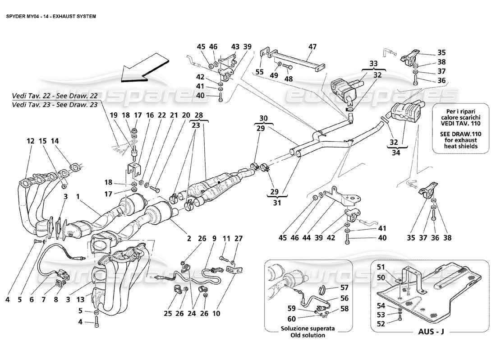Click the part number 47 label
(x=312, y=46)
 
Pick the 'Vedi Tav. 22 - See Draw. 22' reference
(x=55, y=96)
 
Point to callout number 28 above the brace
(x=198, y=116)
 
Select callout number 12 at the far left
(x=31, y=141)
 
